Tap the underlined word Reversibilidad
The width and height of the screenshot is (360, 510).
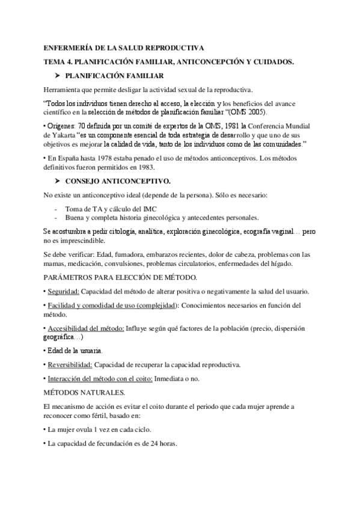click(x=69, y=364)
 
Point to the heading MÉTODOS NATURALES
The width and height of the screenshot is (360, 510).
click(x=84, y=393)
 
